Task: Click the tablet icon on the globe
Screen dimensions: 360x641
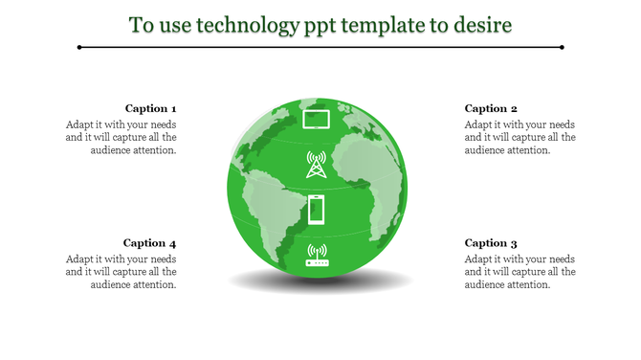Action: pyautogui.click(x=316, y=120)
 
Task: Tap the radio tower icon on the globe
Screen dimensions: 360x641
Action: pyautogui.click(x=316, y=164)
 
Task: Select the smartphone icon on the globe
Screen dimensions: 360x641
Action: pyautogui.click(x=316, y=209)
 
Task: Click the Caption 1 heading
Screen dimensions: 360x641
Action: pyautogui.click(x=150, y=108)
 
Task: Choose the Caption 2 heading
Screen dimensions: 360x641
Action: pyautogui.click(x=491, y=108)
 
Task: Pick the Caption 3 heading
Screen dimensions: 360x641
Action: pyautogui.click(x=491, y=243)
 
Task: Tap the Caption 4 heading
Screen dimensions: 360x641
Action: pyautogui.click(x=150, y=243)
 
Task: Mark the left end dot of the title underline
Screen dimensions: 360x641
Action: pyautogui.click(x=79, y=46)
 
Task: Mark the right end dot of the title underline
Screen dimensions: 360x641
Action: pyautogui.click(x=562, y=46)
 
